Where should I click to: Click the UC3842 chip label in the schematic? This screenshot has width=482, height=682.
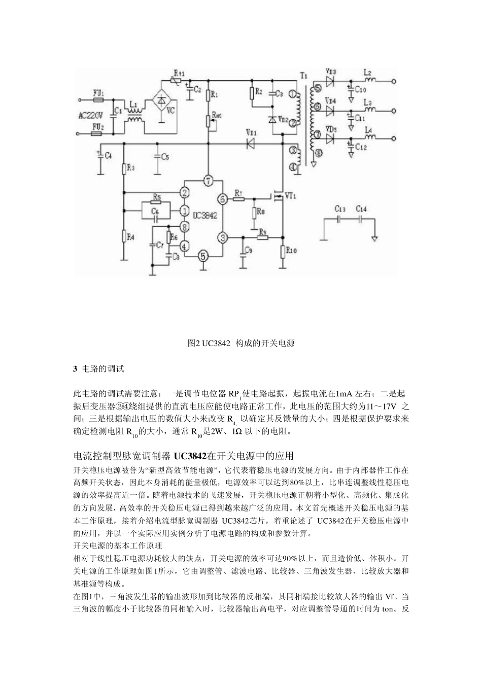point(205,215)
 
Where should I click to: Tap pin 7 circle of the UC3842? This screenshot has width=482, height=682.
point(207,180)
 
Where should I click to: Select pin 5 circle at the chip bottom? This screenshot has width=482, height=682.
point(203,256)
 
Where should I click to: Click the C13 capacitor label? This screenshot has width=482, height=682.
point(340,209)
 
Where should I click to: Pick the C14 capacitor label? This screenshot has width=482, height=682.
point(361,209)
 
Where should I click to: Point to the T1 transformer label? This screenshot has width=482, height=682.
point(303,76)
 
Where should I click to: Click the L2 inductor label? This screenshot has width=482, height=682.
point(368,72)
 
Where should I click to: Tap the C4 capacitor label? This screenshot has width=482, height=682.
point(107,156)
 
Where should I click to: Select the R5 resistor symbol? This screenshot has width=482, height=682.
point(156,201)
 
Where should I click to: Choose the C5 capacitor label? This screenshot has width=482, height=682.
point(164,157)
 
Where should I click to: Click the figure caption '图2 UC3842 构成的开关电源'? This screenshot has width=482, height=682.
point(241,343)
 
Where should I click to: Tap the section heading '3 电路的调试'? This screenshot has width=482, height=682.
point(99,368)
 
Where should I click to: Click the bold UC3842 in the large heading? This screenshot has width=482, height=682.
point(191,455)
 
